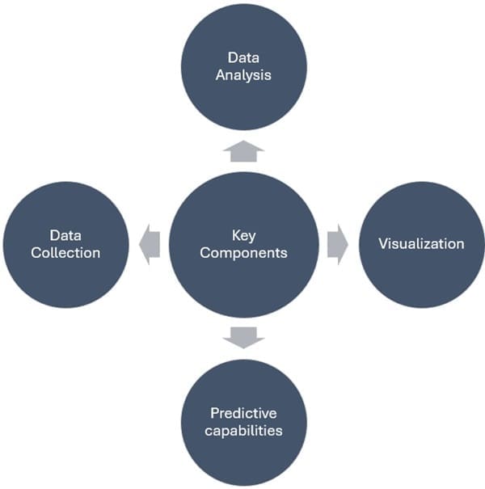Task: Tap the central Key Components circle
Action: click(242, 244)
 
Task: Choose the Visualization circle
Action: click(421, 244)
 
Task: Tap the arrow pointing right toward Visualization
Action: click(338, 244)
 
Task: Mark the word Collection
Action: click(65, 253)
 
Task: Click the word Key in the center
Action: click(242, 235)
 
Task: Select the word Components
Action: click(242, 253)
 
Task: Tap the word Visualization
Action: click(421, 243)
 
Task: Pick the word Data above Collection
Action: click(65, 235)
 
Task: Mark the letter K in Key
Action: click(235, 235)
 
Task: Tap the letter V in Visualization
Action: click(383, 243)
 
